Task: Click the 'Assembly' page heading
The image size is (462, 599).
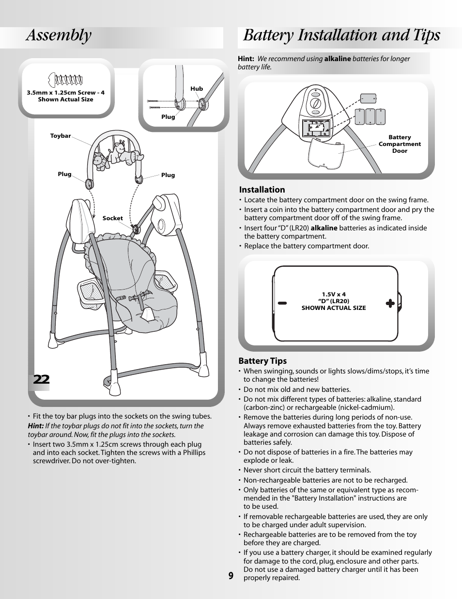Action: coord(59,35)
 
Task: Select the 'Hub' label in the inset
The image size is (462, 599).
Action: coord(196,89)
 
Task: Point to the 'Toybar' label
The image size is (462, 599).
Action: coord(61,136)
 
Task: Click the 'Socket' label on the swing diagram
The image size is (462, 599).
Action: coord(113,218)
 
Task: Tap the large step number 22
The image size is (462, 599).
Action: coord(42,379)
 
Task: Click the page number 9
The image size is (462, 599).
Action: coord(231,576)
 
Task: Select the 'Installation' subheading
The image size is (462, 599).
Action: coord(262,190)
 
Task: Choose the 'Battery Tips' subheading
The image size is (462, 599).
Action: coord(262,361)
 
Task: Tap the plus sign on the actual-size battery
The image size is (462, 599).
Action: coord(390,304)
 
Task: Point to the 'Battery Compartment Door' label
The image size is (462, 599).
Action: coord(400,144)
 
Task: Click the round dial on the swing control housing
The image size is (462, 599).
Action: coord(315,103)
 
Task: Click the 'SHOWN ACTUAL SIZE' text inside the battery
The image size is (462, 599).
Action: coord(334,308)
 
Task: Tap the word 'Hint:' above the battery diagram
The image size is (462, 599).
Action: coord(246,59)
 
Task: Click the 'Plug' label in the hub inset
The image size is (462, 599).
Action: coord(168,117)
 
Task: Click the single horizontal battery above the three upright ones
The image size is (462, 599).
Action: coord(369,98)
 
